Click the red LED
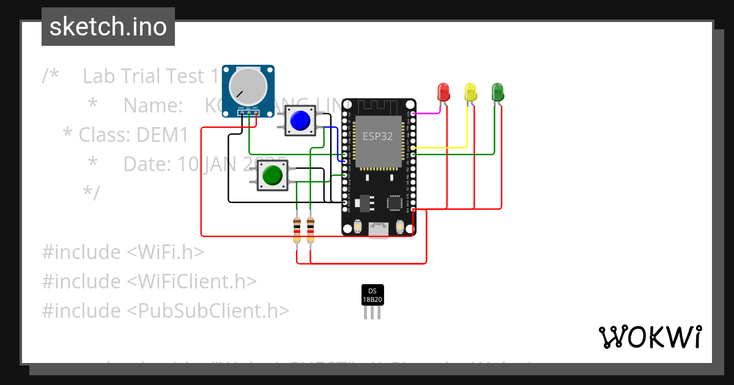tap(443, 92)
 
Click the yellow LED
tap(470, 92)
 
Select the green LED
tap(497, 92)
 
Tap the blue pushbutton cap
tap(300, 120)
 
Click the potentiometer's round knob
tap(248, 86)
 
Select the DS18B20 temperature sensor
tap(372, 296)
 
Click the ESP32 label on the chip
tap(377, 136)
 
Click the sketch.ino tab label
tap(108, 27)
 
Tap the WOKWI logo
tap(650, 337)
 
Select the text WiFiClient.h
tap(191, 281)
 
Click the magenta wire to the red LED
tap(428, 113)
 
